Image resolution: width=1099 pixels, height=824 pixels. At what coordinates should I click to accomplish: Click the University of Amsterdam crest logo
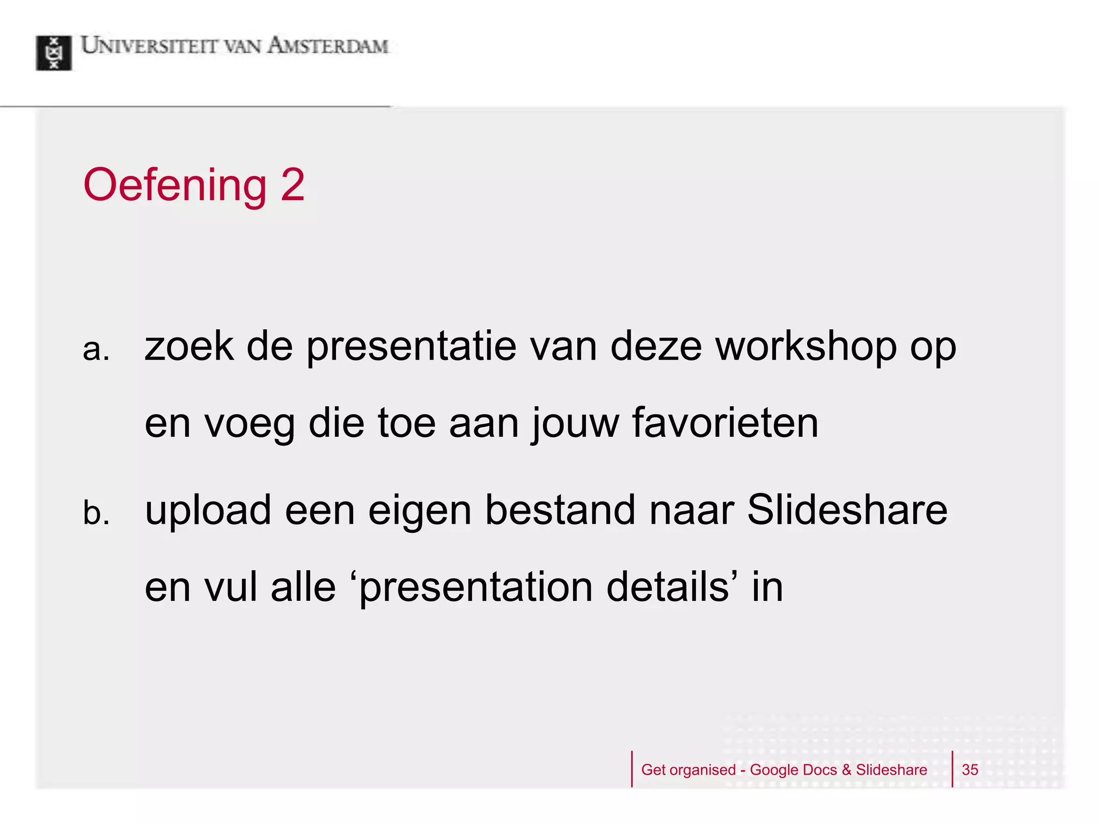54,53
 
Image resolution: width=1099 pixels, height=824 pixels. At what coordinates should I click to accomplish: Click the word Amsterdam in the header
327,46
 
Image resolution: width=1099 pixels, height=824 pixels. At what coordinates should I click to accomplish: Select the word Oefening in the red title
175,186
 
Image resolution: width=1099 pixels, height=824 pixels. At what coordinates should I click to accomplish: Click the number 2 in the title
292,185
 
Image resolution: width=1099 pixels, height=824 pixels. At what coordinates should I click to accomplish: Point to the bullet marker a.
96,350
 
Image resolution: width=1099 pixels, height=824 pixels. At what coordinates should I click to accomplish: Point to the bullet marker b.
96,513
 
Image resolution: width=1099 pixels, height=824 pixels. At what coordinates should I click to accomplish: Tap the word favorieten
725,423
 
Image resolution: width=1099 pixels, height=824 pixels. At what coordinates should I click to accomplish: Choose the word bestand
560,510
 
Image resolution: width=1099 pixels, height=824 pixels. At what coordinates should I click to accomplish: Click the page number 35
970,770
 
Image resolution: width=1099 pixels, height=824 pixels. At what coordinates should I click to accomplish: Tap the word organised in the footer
702,770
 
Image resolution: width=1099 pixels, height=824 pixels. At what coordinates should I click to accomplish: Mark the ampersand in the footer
846,770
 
